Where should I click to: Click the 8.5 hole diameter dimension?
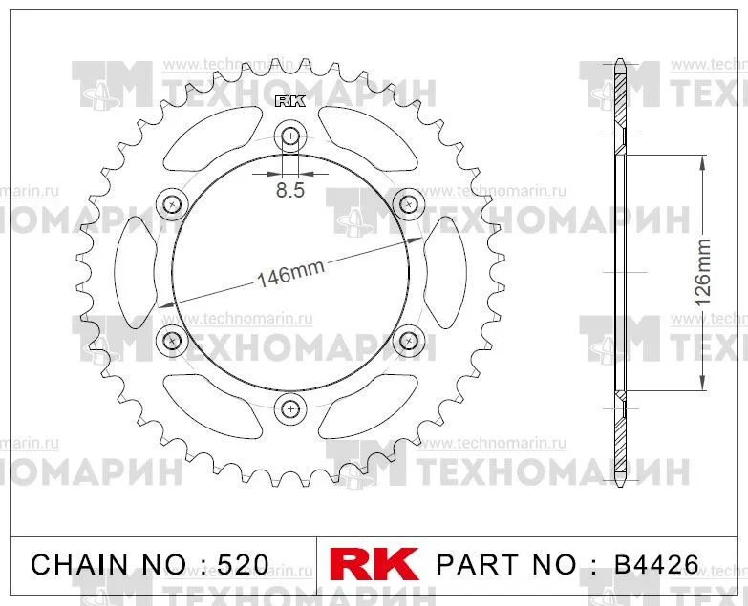[290, 190]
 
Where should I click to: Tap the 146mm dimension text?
[290, 274]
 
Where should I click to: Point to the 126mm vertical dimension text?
[703, 273]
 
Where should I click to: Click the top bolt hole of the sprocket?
[290, 136]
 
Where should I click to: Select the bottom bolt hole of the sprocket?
[290, 408]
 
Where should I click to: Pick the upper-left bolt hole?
[172, 205]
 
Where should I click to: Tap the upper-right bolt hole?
[408, 205]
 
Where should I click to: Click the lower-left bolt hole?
[172, 340]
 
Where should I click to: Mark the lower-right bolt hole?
[408, 340]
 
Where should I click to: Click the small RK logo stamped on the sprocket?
[290, 101]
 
